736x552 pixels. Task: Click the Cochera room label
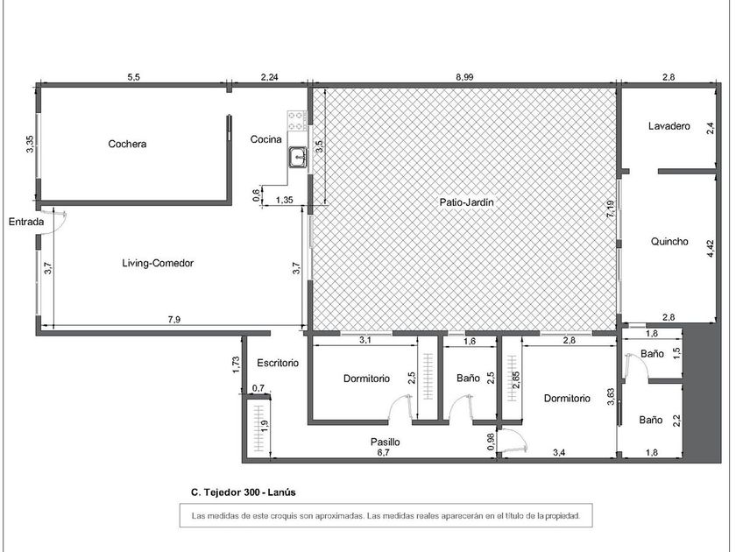(127, 144)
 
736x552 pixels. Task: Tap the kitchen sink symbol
(298, 157)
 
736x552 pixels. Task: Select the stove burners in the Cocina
(297, 121)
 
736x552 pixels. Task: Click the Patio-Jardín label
(466, 202)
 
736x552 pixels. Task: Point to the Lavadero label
(669, 126)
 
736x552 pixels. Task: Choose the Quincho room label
(669, 242)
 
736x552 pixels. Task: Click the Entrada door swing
(60, 221)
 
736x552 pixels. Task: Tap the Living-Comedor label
(158, 264)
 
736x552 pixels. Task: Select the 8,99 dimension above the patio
(464, 77)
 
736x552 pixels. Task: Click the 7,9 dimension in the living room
(174, 320)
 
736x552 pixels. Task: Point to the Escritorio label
(278, 363)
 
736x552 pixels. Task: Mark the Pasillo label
(386, 442)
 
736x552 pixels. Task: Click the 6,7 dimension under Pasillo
(384, 453)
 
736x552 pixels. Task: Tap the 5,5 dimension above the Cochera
(134, 77)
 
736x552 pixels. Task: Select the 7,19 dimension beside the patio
(610, 209)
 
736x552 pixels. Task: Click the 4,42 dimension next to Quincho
(710, 249)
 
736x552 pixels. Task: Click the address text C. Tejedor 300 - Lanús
(244, 492)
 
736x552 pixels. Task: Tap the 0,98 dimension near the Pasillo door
(491, 442)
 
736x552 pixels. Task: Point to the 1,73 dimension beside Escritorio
(236, 365)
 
